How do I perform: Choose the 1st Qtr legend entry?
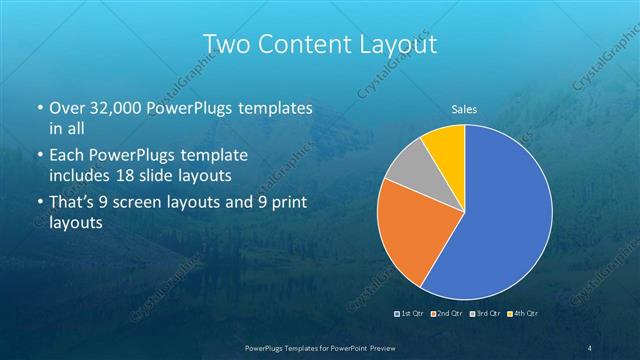[x=412, y=314]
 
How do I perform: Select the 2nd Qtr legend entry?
[x=448, y=314]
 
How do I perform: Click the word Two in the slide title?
[x=226, y=44]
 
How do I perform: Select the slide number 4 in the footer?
[x=591, y=347]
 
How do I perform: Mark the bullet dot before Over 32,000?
[x=39, y=108]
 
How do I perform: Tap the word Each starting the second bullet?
[x=66, y=157]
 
